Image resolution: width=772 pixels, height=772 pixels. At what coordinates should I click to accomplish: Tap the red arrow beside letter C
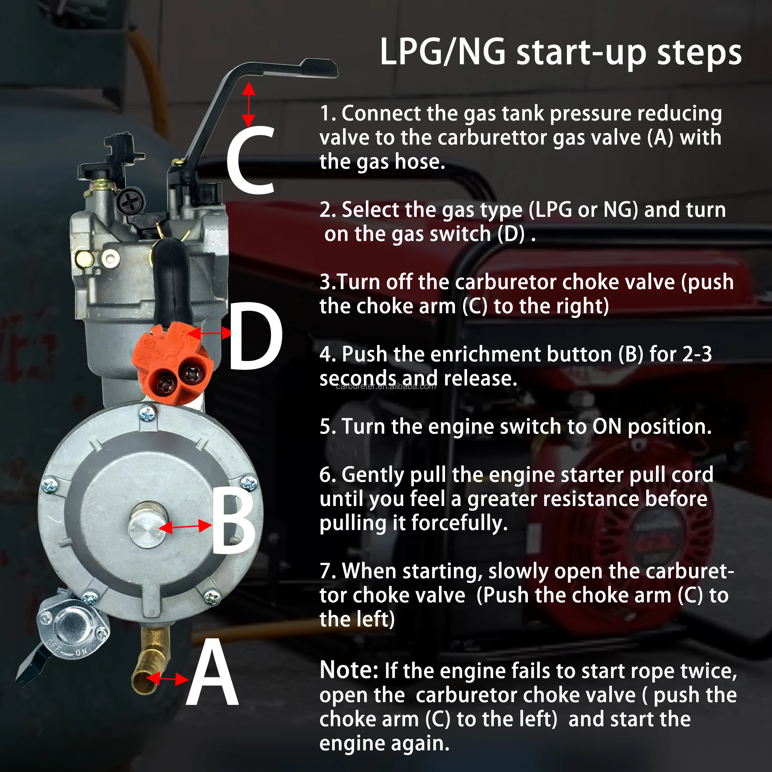[248, 105]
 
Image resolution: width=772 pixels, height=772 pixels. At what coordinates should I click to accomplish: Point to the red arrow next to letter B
[186, 527]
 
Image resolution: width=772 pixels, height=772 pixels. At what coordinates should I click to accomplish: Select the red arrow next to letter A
[167, 679]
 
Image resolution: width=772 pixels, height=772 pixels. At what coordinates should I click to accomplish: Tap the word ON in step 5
[606, 427]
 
